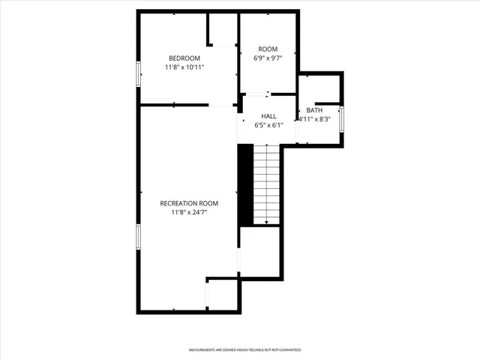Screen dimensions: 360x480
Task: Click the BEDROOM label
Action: tap(184, 58)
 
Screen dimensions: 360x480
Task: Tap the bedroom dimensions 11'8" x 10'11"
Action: tap(184, 67)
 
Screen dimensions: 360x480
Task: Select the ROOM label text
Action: tap(268, 49)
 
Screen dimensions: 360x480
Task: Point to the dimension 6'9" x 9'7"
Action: tap(268, 58)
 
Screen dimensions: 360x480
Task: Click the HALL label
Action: tap(268, 116)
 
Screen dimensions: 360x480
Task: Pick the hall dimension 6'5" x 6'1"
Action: tap(268, 125)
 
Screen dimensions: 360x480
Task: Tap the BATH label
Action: tap(314, 110)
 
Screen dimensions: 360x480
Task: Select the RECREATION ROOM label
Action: tap(189, 203)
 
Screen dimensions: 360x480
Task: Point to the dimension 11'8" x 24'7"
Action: tap(189, 212)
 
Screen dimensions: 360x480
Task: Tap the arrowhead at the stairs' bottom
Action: tap(266, 222)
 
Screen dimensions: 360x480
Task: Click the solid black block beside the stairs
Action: tap(245, 184)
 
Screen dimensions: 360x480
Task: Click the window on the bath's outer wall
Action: tap(342, 119)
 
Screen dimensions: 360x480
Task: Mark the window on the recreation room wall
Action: tap(138, 235)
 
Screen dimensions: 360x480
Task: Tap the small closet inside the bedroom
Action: tap(223, 30)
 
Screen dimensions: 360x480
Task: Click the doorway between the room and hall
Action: tap(257, 94)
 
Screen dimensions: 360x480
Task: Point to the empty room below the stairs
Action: tap(259, 251)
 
